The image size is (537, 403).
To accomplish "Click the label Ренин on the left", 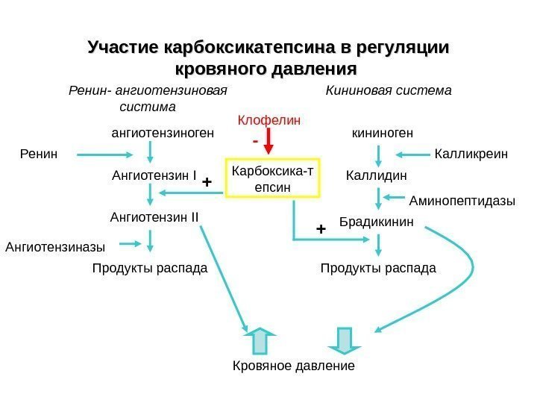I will tap(37, 154).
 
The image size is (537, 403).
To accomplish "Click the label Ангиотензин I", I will tap(154, 177).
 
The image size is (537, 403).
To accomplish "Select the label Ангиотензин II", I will tap(154, 217).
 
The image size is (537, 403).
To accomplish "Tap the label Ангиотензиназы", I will tap(55, 246).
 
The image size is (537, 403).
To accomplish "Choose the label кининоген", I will tap(383, 134).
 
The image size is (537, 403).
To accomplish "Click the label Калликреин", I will tap(470, 154).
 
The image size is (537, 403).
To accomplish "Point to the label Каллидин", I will tap(377, 177).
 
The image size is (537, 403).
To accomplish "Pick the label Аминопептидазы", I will tap(462, 201).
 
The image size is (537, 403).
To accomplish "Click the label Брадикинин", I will tap(376, 222).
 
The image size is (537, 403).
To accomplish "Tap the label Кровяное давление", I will tap(294, 366).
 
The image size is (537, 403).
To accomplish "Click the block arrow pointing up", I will tap(260, 340).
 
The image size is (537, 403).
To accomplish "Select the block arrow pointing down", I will tap(344, 340).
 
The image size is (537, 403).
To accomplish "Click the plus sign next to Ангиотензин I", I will tap(207, 181).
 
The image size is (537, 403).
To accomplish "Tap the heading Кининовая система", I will tap(389, 91).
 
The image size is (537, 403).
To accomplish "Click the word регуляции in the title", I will tap(404, 49).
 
